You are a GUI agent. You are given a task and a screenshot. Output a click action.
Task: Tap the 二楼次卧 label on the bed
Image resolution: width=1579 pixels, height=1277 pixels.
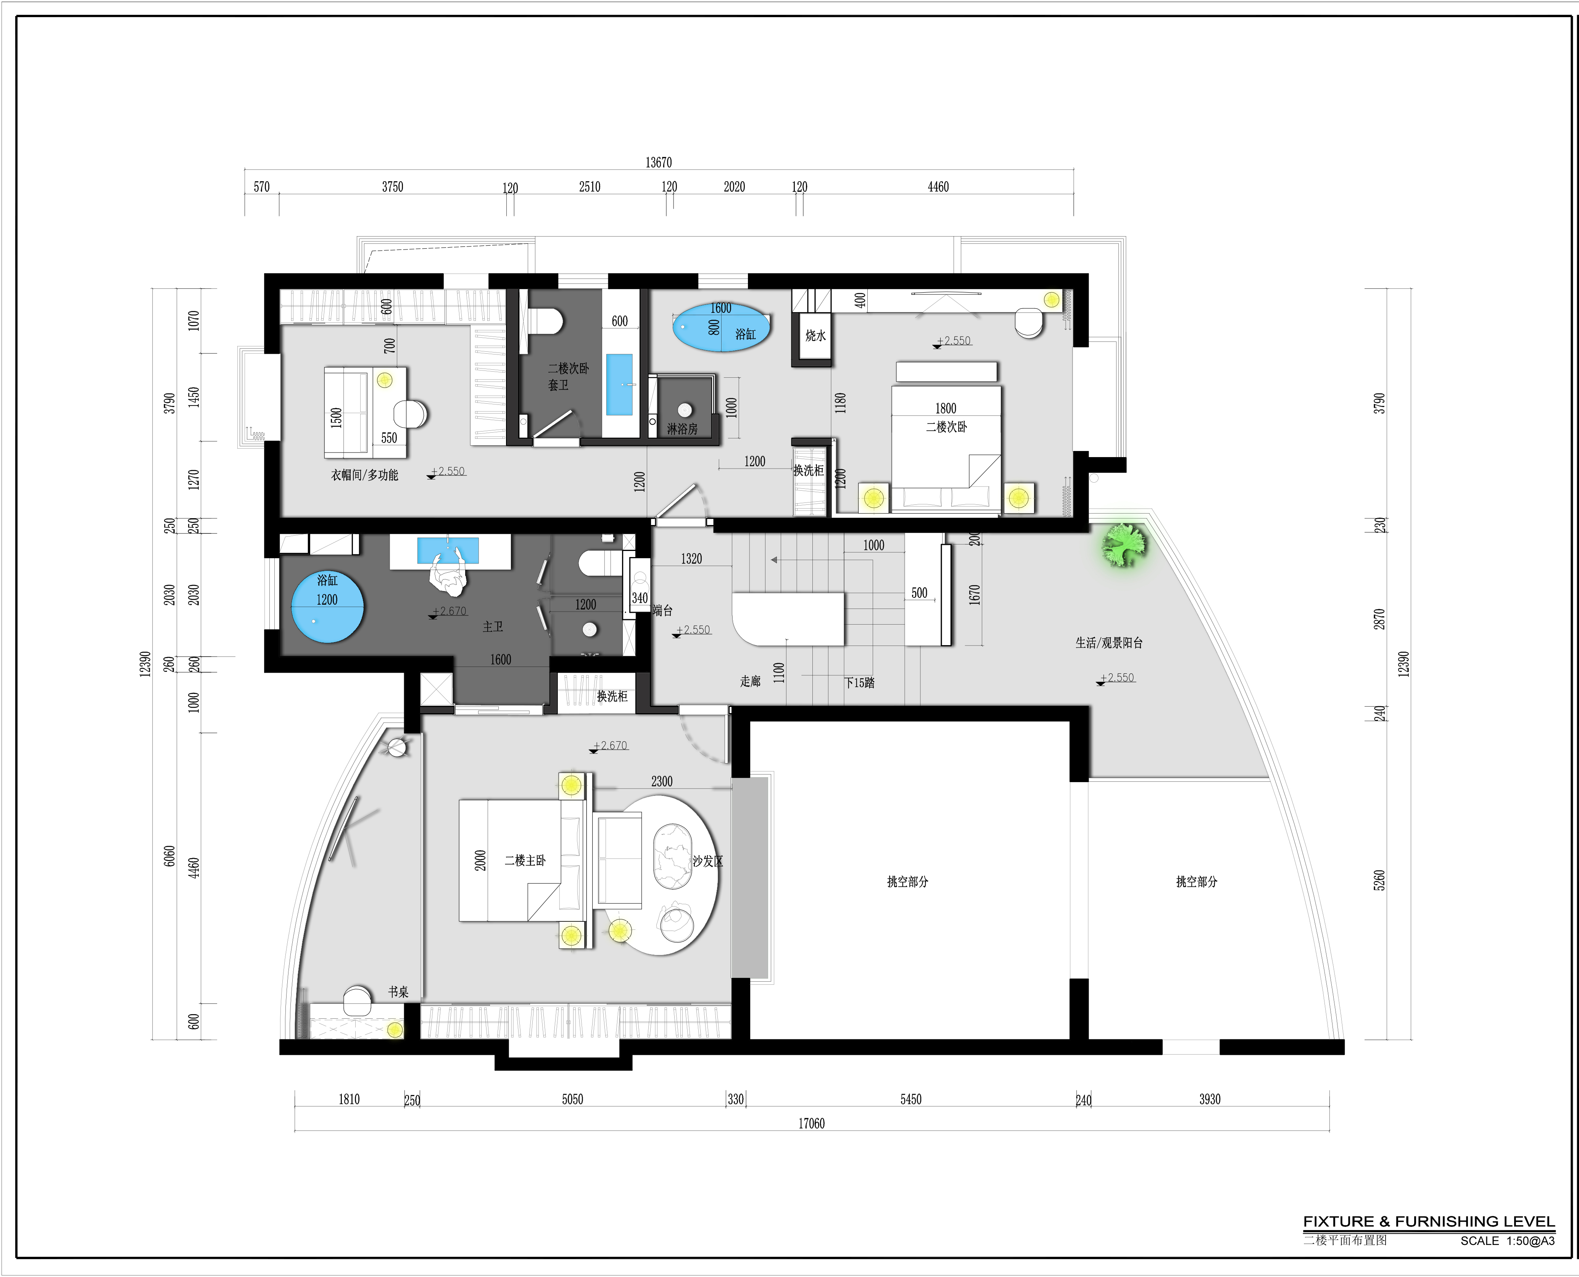point(946,427)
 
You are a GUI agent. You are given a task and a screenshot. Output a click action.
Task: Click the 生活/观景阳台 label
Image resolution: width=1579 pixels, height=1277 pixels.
point(1109,643)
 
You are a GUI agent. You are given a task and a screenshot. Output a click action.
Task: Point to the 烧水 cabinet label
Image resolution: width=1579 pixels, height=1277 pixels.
point(815,335)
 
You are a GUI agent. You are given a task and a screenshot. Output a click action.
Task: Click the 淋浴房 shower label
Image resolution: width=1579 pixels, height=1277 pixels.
point(682,429)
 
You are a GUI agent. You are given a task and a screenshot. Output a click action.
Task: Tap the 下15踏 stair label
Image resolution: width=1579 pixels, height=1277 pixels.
point(859,683)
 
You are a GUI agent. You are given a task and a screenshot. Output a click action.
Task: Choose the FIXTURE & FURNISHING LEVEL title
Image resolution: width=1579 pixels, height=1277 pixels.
point(1429,1222)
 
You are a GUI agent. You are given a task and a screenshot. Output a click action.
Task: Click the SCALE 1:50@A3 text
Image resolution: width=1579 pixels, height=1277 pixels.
point(1508,1241)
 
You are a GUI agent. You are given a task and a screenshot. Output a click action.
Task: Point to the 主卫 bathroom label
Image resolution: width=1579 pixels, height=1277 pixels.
point(493,627)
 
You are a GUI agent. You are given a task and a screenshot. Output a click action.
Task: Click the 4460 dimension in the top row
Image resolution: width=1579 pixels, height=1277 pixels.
point(938,187)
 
